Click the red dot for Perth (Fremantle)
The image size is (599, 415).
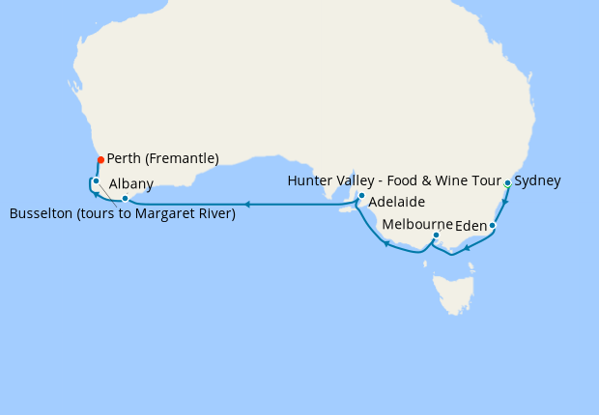100,159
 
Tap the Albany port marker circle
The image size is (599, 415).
125,199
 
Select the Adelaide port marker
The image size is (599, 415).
361,196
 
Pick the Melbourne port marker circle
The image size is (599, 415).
436,235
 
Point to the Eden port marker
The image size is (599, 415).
493,226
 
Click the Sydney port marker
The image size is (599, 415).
507,182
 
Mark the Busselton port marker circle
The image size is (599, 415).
96,180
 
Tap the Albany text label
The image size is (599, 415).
130,183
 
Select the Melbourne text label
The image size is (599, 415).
417,224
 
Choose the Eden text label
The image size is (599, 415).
471,225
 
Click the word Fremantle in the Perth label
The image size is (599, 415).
184,158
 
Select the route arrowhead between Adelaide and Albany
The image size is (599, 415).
247,205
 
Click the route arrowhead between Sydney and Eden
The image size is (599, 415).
504,202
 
